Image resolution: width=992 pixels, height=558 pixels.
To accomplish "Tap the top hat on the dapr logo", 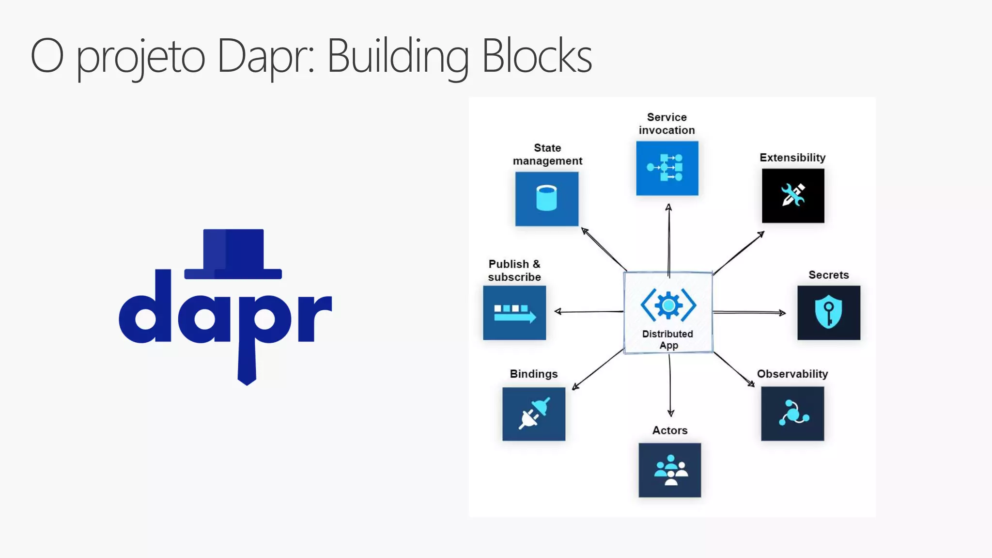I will coord(233,253).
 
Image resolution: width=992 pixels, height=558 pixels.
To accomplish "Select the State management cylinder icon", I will coord(546,198).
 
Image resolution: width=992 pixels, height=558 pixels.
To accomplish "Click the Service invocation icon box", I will coord(667,168).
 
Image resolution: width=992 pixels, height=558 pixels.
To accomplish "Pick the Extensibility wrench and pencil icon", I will coord(793,195).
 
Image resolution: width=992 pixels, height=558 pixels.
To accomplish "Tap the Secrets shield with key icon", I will coord(828,312).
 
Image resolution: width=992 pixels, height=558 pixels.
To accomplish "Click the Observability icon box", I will coord(792,414).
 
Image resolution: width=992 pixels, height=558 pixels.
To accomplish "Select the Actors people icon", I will coord(670,470).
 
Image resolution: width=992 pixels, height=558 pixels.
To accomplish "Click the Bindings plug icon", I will coord(534,414).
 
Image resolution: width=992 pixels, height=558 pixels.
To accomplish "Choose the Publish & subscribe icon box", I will coord(514,313).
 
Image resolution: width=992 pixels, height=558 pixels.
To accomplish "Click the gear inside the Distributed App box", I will coord(668,305).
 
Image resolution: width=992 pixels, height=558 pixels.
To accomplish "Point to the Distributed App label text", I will coord(668,339).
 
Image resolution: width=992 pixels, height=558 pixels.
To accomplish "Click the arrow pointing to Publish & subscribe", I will coord(589,311).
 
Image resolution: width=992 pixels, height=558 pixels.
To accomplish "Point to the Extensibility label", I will coord(792,158).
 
